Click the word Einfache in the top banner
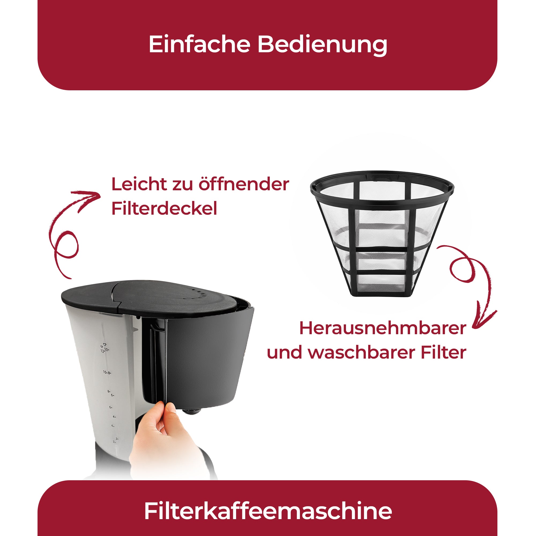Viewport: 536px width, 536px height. click(x=199, y=44)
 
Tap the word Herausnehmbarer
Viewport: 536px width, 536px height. click(x=383, y=329)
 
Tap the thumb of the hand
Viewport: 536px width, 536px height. click(x=172, y=409)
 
